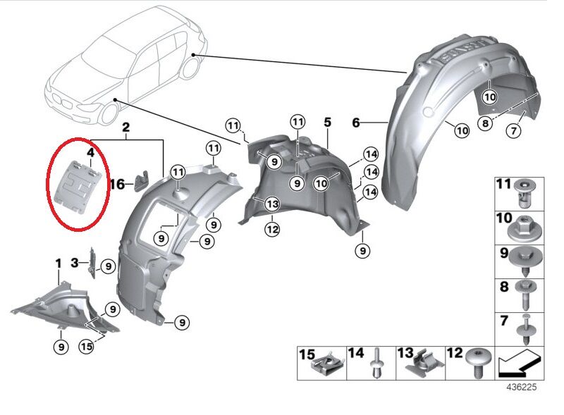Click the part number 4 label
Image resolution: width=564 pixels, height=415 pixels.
[90, 151]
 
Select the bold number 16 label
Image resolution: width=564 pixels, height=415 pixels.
[117, 184]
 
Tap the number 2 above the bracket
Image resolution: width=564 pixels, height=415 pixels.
[126, 128]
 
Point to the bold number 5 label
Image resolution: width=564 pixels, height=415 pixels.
[327, 123]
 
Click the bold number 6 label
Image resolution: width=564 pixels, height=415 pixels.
[357, 123]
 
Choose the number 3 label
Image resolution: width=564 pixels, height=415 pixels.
[75, 263]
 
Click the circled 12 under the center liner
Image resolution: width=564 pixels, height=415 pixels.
[273, 229]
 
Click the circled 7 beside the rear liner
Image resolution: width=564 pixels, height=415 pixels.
[513, 131]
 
